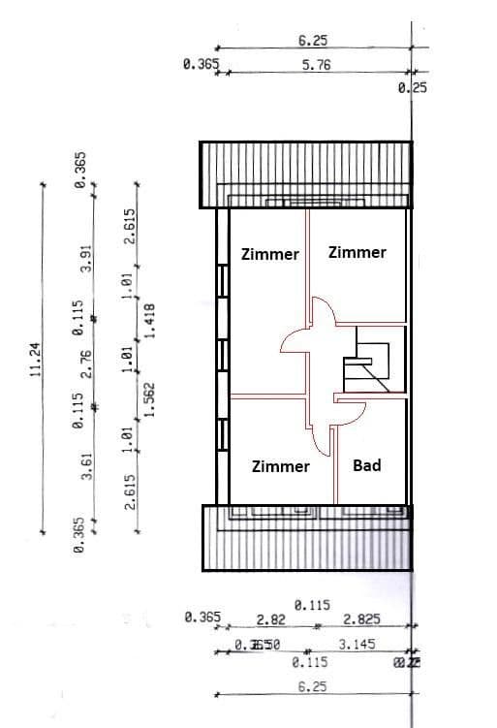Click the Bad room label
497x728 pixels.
[366, 465]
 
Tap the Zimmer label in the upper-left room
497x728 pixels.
[270, 254]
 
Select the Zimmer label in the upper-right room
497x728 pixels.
[357, 252]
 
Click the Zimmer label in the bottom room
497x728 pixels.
[280, 466]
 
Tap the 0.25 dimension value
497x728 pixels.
[413, 87]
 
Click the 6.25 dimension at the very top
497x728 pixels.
[312, 41]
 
